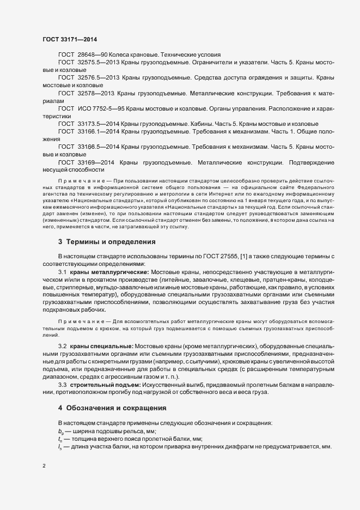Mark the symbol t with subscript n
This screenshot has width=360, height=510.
[x=60, y=439]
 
